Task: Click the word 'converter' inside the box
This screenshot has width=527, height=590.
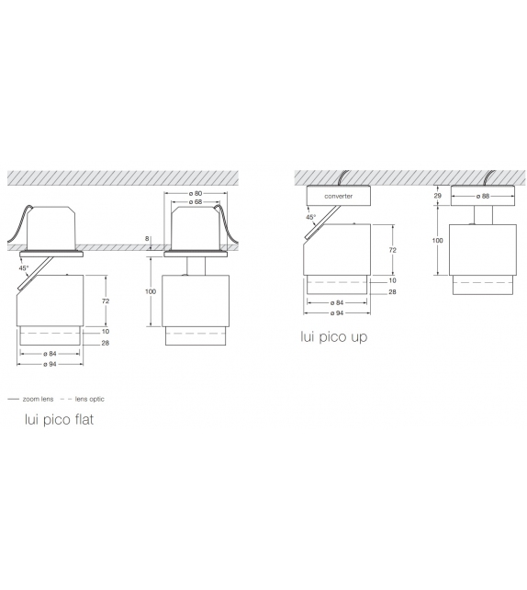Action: click(x=338, y=196)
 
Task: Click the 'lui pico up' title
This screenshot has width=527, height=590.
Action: click(x=333, y=337)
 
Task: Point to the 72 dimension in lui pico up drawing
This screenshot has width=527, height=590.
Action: click(x=393, y=250)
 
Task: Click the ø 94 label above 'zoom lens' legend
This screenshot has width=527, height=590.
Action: click(x=51, y=365)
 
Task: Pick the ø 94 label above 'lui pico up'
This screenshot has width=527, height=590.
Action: click(x=338, y=311)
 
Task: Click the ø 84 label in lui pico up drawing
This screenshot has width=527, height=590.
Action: click(x=338, y=301)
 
